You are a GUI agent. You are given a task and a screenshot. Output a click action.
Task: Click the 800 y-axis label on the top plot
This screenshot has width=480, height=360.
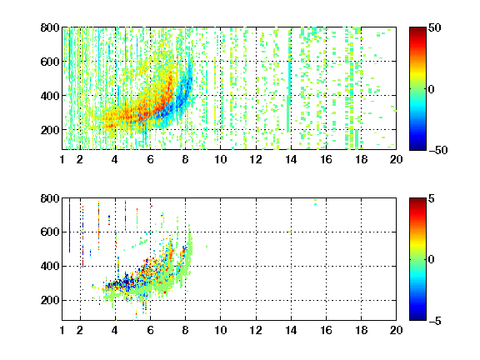(x=50, y=27)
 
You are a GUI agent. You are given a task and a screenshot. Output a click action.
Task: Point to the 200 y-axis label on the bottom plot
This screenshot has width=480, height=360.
(x=50, y=300)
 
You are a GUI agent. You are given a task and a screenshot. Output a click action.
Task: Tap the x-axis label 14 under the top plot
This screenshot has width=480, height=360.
(x=291, y=159)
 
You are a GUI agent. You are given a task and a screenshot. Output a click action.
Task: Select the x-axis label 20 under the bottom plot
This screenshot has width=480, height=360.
(x=396, y=330)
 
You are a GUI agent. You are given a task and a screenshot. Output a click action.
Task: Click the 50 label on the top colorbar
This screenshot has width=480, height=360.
(x=434, y=27)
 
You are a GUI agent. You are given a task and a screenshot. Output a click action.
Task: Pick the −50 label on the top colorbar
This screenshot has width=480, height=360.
(x=438, y=150)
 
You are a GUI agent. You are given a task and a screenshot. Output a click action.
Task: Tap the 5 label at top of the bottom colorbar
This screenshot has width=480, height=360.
(x=432, y=198)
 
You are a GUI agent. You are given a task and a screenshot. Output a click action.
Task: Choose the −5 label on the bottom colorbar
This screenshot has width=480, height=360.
(x=435, y=321)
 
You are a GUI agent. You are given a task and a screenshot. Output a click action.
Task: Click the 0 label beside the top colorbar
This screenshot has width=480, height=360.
(x=432, y=89)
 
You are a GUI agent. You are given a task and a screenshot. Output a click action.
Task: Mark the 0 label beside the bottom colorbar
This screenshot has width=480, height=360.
(x=432, y=260)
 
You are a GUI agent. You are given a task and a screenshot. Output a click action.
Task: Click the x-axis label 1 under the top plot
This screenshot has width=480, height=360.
(x=62, y=159)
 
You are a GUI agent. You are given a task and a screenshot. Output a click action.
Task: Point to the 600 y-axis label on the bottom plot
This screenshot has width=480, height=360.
(x=50, y=232)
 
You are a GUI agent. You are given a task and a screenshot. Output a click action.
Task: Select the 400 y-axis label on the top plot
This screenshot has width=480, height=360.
(x=50, y=96)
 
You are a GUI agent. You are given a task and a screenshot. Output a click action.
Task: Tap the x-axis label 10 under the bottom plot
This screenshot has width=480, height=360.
(x=220, y=330)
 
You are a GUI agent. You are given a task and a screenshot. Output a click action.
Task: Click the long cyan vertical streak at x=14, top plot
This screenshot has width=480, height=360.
(x=288, y=81)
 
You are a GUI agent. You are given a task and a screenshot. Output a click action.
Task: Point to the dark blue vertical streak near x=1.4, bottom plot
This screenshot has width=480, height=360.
(x=69, y=225)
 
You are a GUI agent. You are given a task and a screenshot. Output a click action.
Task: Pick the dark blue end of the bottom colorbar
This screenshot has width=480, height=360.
(x=417, y=317)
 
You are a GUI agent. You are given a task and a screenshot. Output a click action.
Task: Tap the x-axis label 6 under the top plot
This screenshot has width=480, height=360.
(x=150, y=159)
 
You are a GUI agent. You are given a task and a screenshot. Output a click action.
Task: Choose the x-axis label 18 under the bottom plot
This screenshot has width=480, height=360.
(x=361, y=330)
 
